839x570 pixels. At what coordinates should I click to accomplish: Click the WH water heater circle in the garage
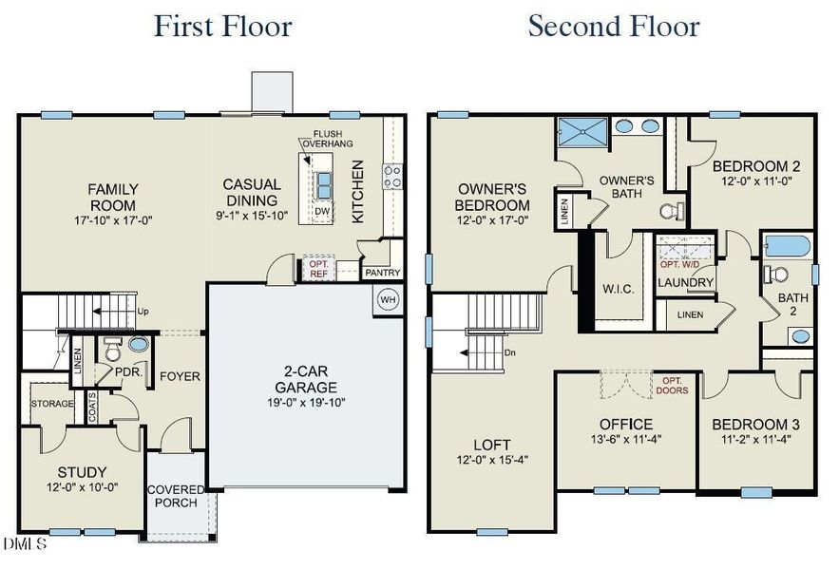tap(388, 299)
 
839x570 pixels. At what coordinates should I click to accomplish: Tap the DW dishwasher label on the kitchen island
tap(322, 212)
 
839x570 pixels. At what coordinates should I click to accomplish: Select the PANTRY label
tap(383, 273)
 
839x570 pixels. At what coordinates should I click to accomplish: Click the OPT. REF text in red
tap(319, 269)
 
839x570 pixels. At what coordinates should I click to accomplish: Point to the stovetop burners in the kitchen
tap(392, 177)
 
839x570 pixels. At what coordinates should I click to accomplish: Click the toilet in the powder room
tap(112, 350)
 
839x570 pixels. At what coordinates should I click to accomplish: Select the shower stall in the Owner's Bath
tap(582, 132)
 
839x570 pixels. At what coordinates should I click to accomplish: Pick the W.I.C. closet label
tap(618, 289)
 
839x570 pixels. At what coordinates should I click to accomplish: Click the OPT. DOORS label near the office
tap(672, 386)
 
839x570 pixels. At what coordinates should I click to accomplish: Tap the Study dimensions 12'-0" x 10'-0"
tap(82, 487)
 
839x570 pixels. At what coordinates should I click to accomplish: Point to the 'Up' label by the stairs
tap(143, 311)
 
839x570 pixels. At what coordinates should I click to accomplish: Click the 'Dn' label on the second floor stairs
tap(510, 352)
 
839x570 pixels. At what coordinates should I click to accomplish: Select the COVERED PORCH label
tap(176, 496)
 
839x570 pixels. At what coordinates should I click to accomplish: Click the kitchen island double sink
tap(323, 184)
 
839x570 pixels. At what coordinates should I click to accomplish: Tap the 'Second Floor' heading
tap(614, 26)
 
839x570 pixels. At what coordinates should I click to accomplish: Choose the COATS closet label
tap(92, 407)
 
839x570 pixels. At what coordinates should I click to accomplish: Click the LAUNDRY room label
tap(685, 282)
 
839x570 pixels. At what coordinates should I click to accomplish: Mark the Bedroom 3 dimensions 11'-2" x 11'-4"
tap(755, 440)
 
